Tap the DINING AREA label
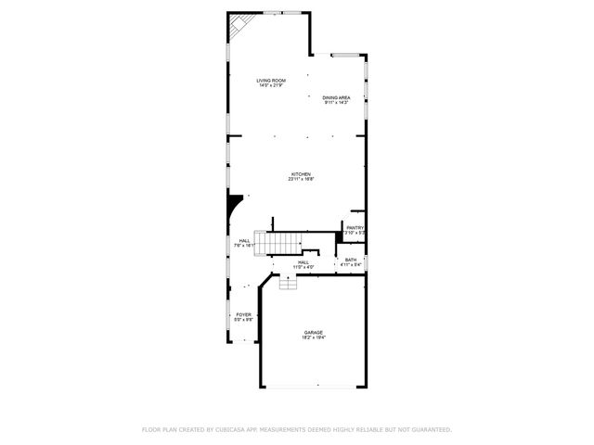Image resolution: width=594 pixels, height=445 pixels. [336, 97]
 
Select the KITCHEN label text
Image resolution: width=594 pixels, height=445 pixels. [300, 174]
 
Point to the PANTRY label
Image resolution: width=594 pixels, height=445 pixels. [355, 227]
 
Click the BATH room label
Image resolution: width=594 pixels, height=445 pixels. [350, 260]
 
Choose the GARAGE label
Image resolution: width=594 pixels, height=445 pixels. [313, 332]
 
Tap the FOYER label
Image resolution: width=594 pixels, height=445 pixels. [243, 314]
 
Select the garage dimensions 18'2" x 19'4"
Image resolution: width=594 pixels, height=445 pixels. [313, 337]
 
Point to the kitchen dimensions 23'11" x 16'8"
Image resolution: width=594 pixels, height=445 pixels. [300, 180]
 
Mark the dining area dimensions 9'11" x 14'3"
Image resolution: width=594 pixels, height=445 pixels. [336, 103]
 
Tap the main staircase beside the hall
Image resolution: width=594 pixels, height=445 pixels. [284, 243]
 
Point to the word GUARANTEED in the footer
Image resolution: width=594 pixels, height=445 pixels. [429, 429]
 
